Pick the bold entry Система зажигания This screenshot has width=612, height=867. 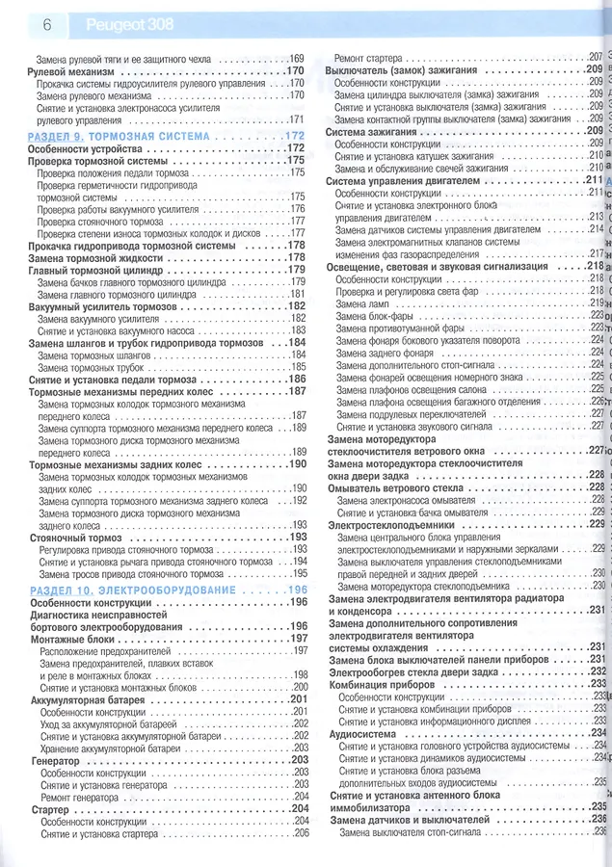[x=370, y=130]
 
